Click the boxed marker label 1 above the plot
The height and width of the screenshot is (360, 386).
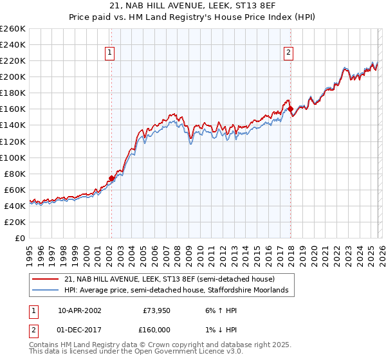[111, 53]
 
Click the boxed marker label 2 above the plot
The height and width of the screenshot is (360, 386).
[289, 53]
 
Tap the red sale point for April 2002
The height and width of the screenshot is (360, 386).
[111, 178]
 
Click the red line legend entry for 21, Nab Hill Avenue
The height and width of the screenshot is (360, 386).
[169, 279]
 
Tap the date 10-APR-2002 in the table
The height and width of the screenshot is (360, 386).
[79, 310]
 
